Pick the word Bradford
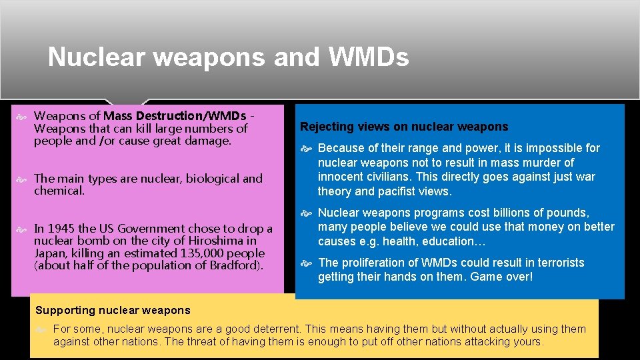pos(235,265)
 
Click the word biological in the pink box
pos(212,179)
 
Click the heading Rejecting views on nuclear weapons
pos(404,127)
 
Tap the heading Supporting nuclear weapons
pos(113,310)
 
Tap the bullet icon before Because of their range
pos(308,148)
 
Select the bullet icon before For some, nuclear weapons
pos(43,329)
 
